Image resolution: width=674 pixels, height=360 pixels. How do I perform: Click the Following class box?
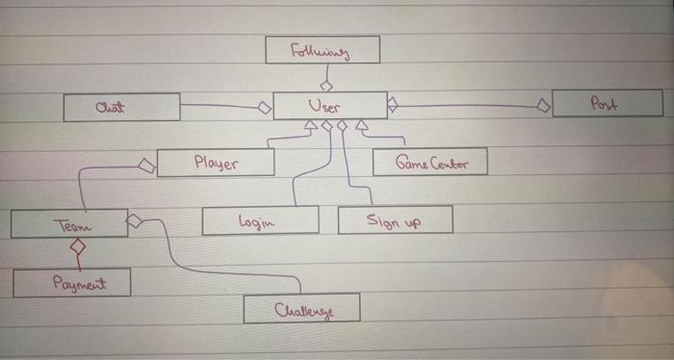pyautogui.click(x=323, y=49)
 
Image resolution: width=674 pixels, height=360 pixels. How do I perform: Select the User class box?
pyautogui.click(x=329, y=105)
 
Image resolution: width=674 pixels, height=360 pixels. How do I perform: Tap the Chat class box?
pyautogui.click(x=121, y=107)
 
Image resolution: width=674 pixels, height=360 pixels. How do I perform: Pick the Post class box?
pyautogui.click(x=608, y=103)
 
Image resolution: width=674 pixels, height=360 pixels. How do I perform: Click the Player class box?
pyautogui.click(x=216, y=163)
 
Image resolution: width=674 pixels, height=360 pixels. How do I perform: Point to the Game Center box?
pyautogui.click(x=430, y=162)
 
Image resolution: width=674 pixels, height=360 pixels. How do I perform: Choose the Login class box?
pyautogui.click(x=260, y=220)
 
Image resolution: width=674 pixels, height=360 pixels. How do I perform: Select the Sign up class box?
pyautogui.click(x=395, y=219)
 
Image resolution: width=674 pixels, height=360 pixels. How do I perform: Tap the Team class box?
pyautogui.click(x=69, y=224)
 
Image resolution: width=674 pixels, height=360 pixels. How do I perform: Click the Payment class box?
pyautogui.click(x=72, y=283)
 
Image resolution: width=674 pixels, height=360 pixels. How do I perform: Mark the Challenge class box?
pyautogui.click(x=301, y=308)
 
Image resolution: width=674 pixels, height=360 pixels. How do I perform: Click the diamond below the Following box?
pyautogui.click(x=326, y=86)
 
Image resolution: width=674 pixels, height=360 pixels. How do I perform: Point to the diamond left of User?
pyautogui.click(x=263, y=108)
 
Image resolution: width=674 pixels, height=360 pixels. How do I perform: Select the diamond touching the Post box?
pyautogui.click(x=544, y=104)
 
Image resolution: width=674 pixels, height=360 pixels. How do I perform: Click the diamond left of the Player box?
pyautogui.click(x=147, y=166)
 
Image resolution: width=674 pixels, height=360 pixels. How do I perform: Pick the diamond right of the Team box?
pyautogui.click(x=135, y=222)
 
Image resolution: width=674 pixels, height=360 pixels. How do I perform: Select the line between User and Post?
pyautogui.click(x=467, y=104)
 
